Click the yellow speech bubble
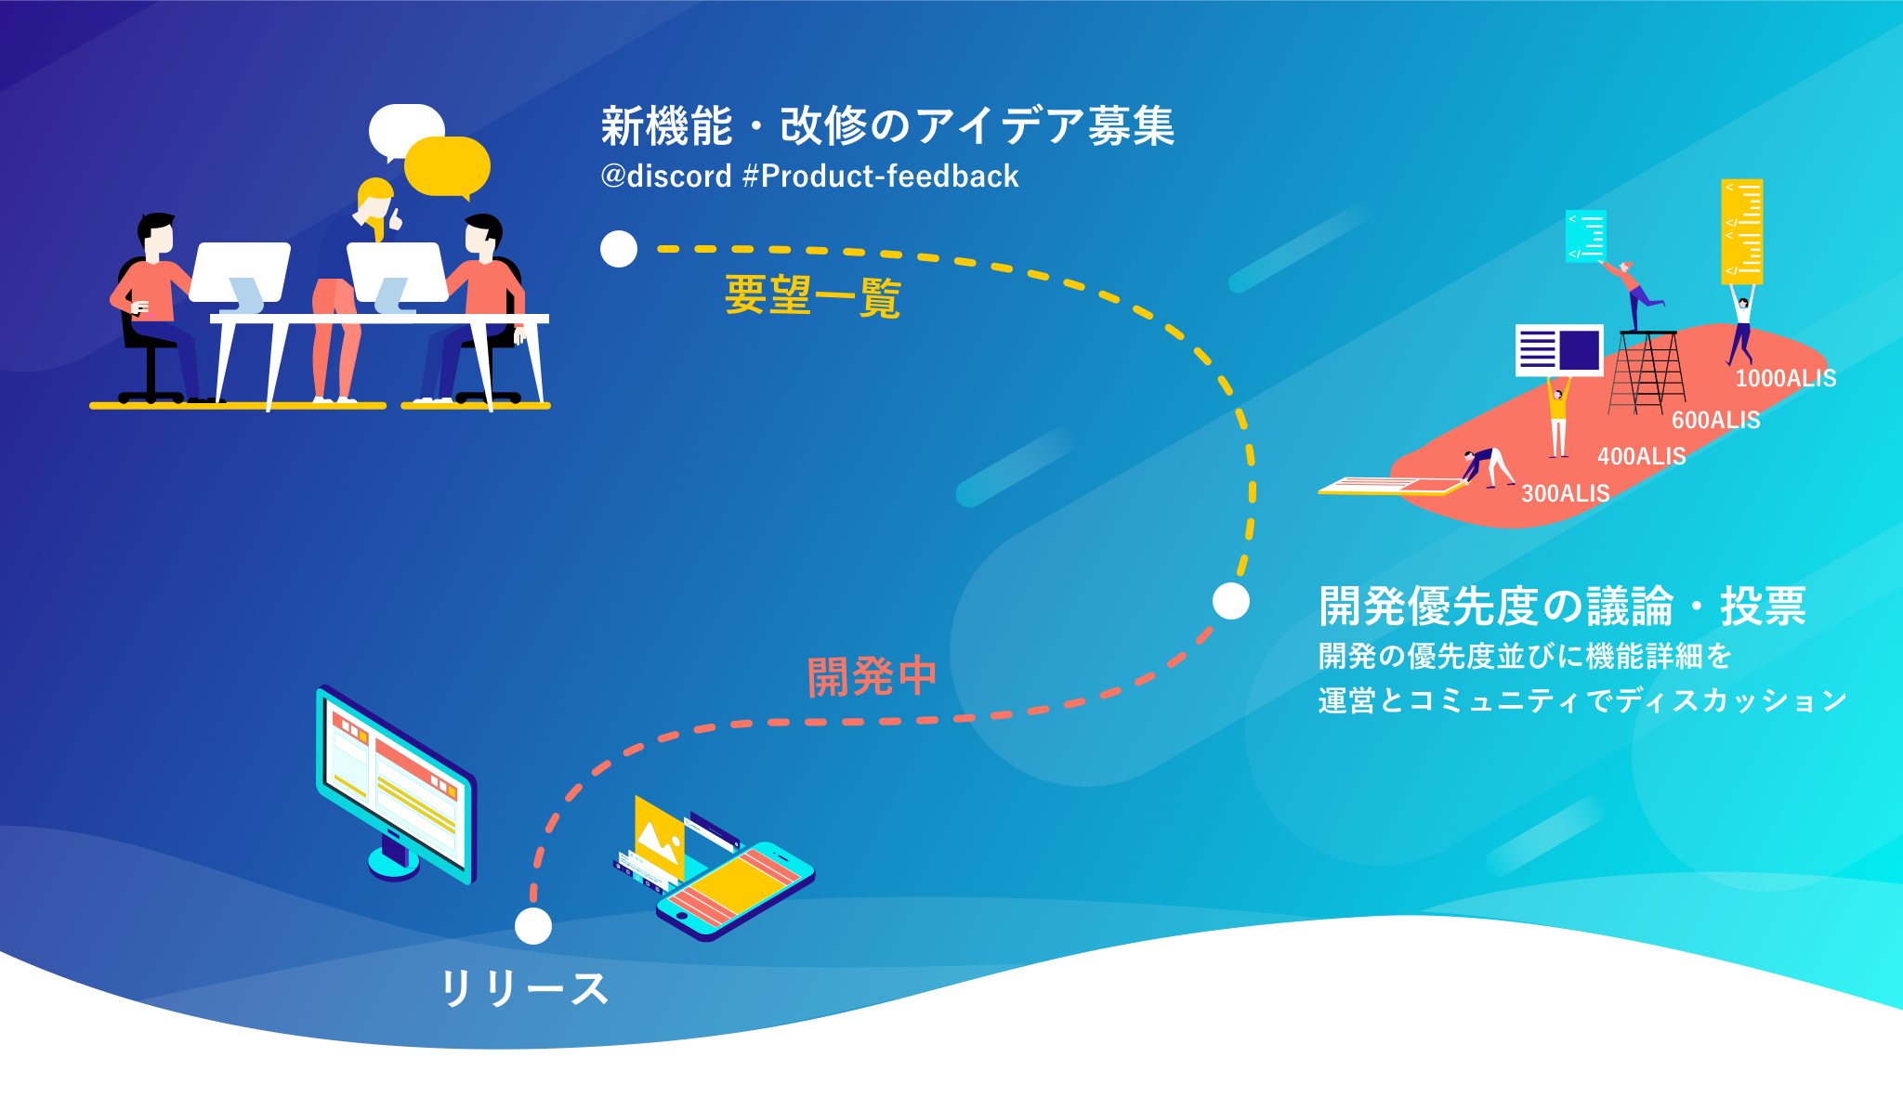tap(447, 167)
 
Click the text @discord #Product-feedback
tap(809, 176)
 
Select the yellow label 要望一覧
tap(812, 296)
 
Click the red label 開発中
tap(872, 676)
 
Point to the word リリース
tap(525, 988)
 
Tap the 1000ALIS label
tap(1786, 378)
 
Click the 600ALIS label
tap(1716, 420)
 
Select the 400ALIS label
tap(1642, 456)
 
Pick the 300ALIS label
tap(1566, 493)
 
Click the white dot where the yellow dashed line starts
tap(619, 249)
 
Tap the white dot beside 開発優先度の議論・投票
tap(1231, 601)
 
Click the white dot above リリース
tap(533, 926)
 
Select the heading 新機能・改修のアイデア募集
tap(887, 126)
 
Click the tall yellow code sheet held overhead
tap(1742, 231)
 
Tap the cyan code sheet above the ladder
tap(1586, 236)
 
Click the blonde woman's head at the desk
tap(374, 199)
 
